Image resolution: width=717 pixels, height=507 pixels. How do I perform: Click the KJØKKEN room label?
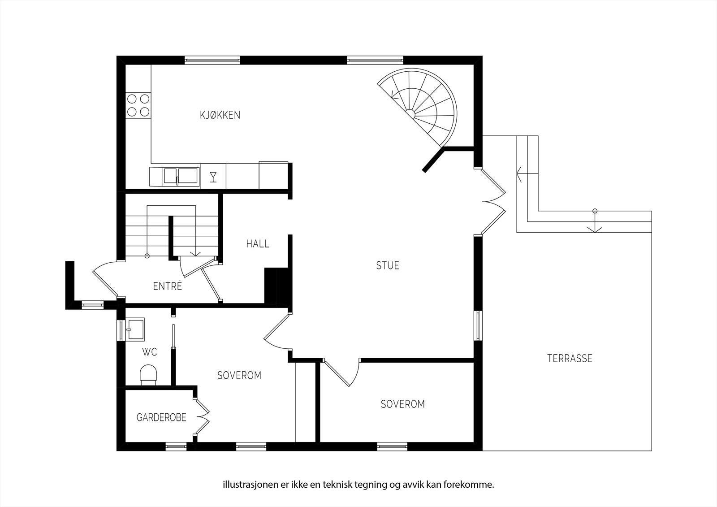220,115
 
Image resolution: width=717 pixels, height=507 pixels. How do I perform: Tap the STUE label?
388,265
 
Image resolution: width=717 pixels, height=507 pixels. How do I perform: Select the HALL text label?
258,244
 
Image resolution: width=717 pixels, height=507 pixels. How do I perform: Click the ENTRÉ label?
168,286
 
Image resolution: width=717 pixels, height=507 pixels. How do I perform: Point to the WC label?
150,352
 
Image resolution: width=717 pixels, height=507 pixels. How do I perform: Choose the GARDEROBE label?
161,418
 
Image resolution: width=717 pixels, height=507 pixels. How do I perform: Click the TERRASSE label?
570,358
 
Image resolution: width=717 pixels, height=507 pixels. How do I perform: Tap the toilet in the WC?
149,375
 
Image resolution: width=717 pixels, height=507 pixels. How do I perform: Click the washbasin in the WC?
135,329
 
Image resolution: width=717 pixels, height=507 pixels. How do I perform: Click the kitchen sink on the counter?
180,176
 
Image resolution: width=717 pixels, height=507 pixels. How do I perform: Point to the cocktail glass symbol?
213,177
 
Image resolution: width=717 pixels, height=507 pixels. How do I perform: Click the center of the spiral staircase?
410,112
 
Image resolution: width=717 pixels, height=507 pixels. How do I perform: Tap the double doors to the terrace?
493,202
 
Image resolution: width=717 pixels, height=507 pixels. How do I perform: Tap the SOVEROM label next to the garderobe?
239,375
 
